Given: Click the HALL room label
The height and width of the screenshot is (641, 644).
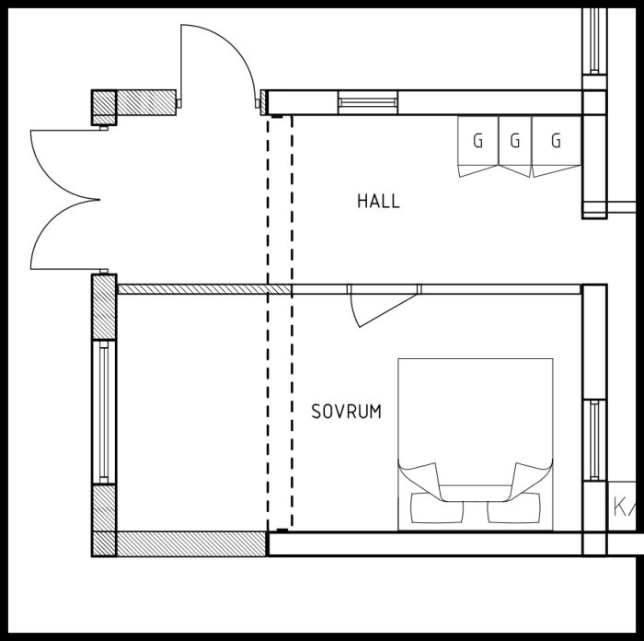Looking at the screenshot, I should pyautogui.click(x=378, y=200).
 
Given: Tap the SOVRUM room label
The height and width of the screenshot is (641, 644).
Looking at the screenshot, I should pyautogui.click(x=346, y=412).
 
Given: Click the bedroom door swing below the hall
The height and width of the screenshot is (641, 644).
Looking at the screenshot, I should pyautogui.click(x=377, y=307).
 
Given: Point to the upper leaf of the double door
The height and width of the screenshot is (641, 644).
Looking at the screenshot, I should pyautogui.click(x=66, y=161).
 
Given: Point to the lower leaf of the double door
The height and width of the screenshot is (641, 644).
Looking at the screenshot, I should pyautogui.click(x=66, y=236).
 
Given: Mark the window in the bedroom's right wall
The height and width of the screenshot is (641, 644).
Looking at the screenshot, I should pyautogui.click(x=594, y=440).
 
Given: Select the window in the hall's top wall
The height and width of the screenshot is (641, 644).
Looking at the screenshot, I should pyautogui.click(x=368, y=101).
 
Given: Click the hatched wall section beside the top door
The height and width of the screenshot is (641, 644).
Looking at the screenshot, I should pyautogui.click(x=147, y=101).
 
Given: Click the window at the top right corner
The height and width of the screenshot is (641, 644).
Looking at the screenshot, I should pyautogui.click(x=594, y=41).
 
